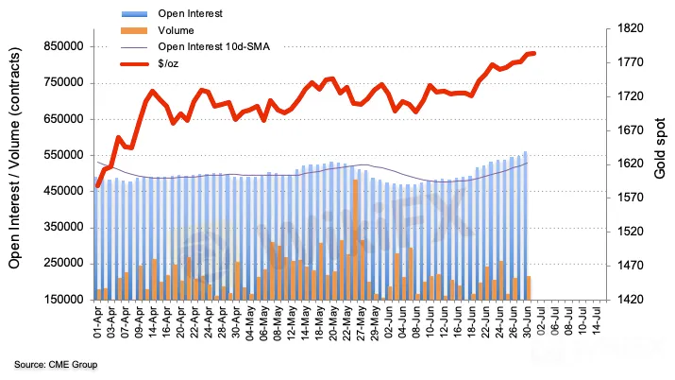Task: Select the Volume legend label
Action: pyautogui.click(x=175, y=30)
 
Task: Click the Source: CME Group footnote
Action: pyautogui.click(x=56, y=364)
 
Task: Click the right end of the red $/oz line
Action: pyautogui.click(x=533, y=53)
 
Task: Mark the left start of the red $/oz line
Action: pyautogui.click(x=98, y=185)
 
